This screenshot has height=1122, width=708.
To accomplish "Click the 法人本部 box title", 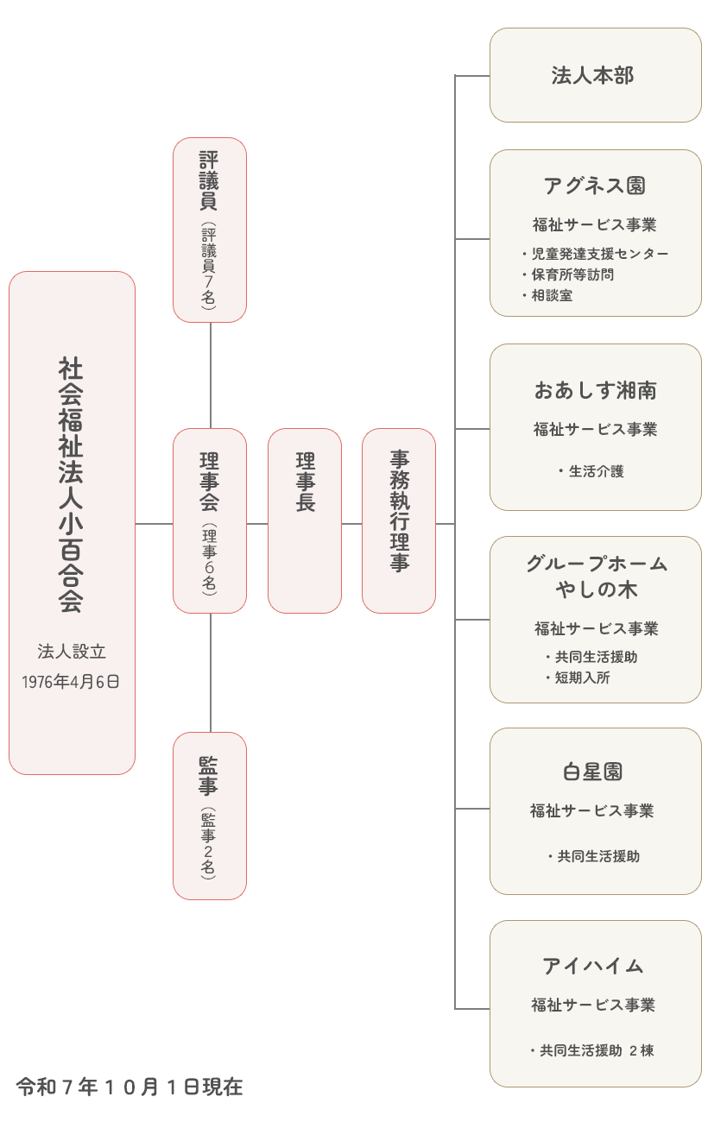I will click(593, 76).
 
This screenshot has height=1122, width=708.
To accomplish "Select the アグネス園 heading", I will click(595, 186).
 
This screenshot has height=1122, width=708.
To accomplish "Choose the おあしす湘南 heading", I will click(595, 391).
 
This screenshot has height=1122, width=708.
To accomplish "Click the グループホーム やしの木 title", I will click(596, 577).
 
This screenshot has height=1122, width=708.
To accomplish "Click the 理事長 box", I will click(305, 520).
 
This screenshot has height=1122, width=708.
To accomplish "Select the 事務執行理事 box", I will click(399, 520).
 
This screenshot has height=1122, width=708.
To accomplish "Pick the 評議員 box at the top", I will click(210, 230).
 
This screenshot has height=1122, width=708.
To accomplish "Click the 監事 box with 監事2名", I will click(210, 816).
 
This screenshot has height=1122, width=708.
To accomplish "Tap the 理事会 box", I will click(210, 520).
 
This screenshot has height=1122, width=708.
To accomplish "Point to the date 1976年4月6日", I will click(71, 682).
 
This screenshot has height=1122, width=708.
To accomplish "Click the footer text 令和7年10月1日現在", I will click(130, 1087).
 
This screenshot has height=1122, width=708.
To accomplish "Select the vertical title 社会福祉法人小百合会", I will click(71, 483).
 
